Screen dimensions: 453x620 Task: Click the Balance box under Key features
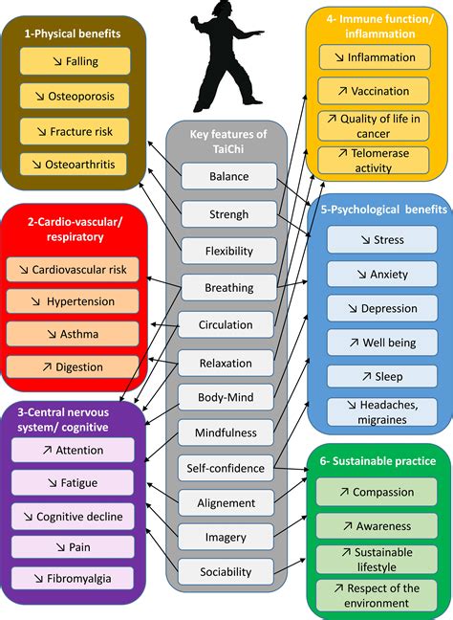tap(229, 176)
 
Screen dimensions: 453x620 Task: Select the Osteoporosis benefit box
tap(75, 96)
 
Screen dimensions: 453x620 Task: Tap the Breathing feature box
tap(229, 287)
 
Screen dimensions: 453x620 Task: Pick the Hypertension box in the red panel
tap(73, 301)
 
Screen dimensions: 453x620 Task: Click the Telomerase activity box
tap(374, 160)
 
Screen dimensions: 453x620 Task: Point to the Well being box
tap(382, 343)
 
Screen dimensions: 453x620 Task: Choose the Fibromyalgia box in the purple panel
tap(73, 579)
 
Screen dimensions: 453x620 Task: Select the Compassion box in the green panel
tap(377, 492)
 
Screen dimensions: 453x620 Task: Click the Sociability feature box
tap(226, 572)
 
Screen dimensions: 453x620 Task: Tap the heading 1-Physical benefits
tap(73, 33)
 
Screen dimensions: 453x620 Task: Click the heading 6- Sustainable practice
tap(377, 461)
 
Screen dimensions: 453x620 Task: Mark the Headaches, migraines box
tap(382, 412)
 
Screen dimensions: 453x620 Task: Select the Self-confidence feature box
tap(226, 468)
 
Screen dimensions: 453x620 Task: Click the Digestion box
tap(73, 367)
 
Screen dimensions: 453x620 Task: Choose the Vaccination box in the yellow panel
tap(374, 91)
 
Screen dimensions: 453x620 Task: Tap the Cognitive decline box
tap(73, 517)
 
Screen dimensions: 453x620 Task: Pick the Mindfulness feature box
tap(226, 432)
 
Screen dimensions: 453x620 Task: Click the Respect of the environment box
tap(377, 595)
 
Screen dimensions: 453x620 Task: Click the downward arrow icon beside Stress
tap(366, 240)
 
